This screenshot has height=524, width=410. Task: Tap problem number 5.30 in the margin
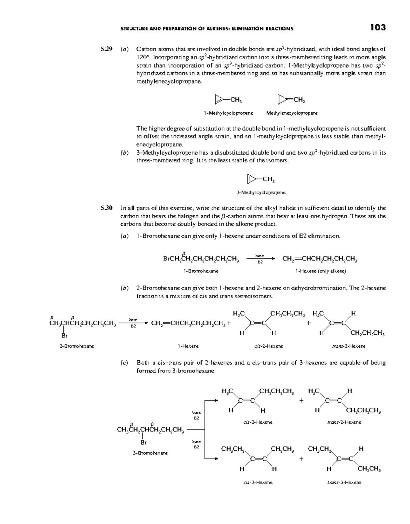[x=106, y=208]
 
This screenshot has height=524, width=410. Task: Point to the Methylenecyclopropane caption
[x=292, y=113]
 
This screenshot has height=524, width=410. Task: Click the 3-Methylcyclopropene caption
[x=261, y=192]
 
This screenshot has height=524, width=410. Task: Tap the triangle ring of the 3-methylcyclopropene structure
[x=250, y=178]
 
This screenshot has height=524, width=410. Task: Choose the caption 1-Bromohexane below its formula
[x=201, y=271]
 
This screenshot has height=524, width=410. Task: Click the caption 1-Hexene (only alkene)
[x=321, y=271]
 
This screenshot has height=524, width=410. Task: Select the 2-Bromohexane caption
[x=77, y=346]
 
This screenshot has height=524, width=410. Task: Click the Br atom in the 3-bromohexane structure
[x=144, y=442]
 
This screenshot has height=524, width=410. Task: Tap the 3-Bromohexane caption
[x=150, y=453]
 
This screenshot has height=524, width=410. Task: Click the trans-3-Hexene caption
[x=344, y=482]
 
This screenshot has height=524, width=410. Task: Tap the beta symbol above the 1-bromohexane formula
[x=183, y=253]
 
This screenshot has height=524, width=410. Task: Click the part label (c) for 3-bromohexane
[x=124, y=363]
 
